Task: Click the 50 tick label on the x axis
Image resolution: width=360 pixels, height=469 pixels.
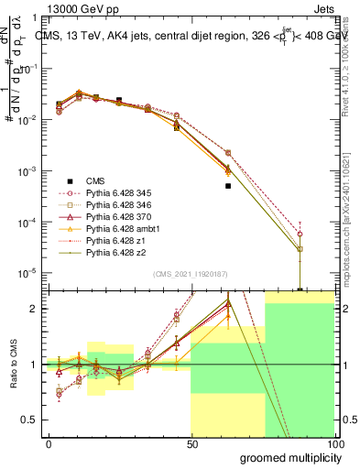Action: click(x=191, y=442)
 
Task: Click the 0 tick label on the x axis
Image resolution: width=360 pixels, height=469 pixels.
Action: click(x=49, y=442)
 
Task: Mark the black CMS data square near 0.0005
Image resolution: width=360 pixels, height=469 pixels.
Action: click(x=228, y=186)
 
